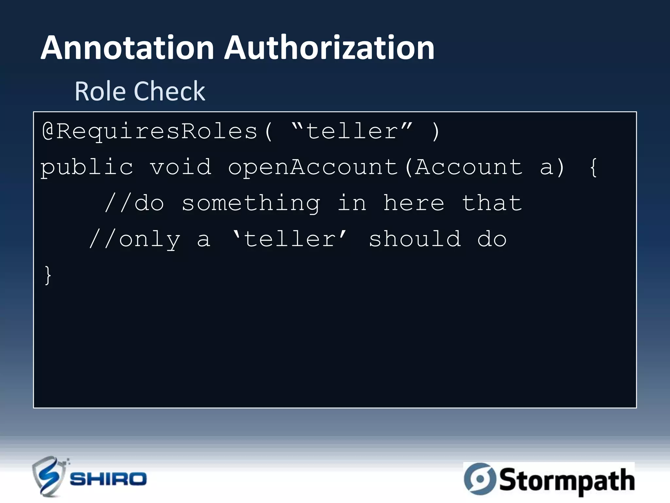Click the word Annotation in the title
point(128,48)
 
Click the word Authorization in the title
point(329,48)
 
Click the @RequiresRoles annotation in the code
point(150,132)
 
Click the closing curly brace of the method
point(48,275)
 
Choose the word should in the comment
point(415,239)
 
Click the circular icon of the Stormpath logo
point(480,479)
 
